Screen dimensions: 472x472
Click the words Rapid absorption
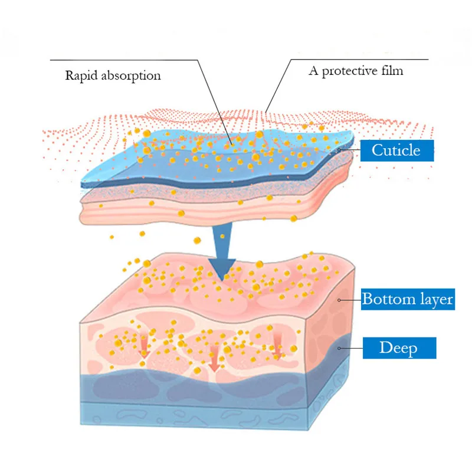[x=113, y=76]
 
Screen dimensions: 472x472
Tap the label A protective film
[x=356, y=71]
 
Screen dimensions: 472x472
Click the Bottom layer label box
[x=407, y=299]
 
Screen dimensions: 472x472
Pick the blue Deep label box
[x=398, y=348]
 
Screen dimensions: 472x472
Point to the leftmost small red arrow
[x=143, y=348]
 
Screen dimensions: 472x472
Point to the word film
[x=392, y=71]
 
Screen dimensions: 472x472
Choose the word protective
[x=350, y=71]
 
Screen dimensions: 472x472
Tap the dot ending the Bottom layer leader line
[x=339, y=300]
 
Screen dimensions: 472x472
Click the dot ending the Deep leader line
[x=339, y=348]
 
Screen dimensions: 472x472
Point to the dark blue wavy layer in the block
[x=195, y=386]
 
